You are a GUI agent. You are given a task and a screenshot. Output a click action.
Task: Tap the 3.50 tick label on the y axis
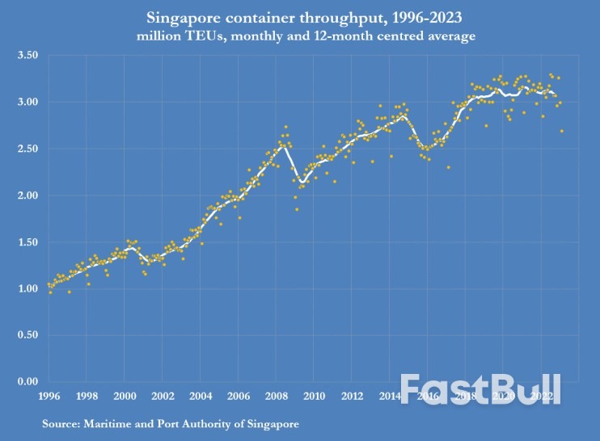(x=28, y=56)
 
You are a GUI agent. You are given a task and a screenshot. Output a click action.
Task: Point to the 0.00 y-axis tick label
(x=28, y=382)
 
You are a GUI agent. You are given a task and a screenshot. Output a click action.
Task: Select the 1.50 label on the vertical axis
(x=28, y=242)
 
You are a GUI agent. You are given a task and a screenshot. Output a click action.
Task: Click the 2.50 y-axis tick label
(x=28, y=149)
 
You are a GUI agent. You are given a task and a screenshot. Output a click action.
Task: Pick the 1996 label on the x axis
(x=49, y=397)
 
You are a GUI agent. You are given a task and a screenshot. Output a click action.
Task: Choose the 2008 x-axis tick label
(x=276, y=397)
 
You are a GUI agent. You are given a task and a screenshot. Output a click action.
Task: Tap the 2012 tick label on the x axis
(x=351, y=397)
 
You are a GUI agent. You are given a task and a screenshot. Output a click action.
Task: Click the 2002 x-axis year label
(x=163, y=397)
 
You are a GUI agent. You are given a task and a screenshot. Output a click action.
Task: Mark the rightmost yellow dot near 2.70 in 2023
(x=561, y=131)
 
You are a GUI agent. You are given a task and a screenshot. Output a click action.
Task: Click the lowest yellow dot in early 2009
(x=297, y=209)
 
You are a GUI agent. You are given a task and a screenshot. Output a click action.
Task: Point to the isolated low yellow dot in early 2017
(x=448, y=167)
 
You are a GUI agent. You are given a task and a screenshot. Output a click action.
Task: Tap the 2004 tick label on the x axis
(x=201, y=397)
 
